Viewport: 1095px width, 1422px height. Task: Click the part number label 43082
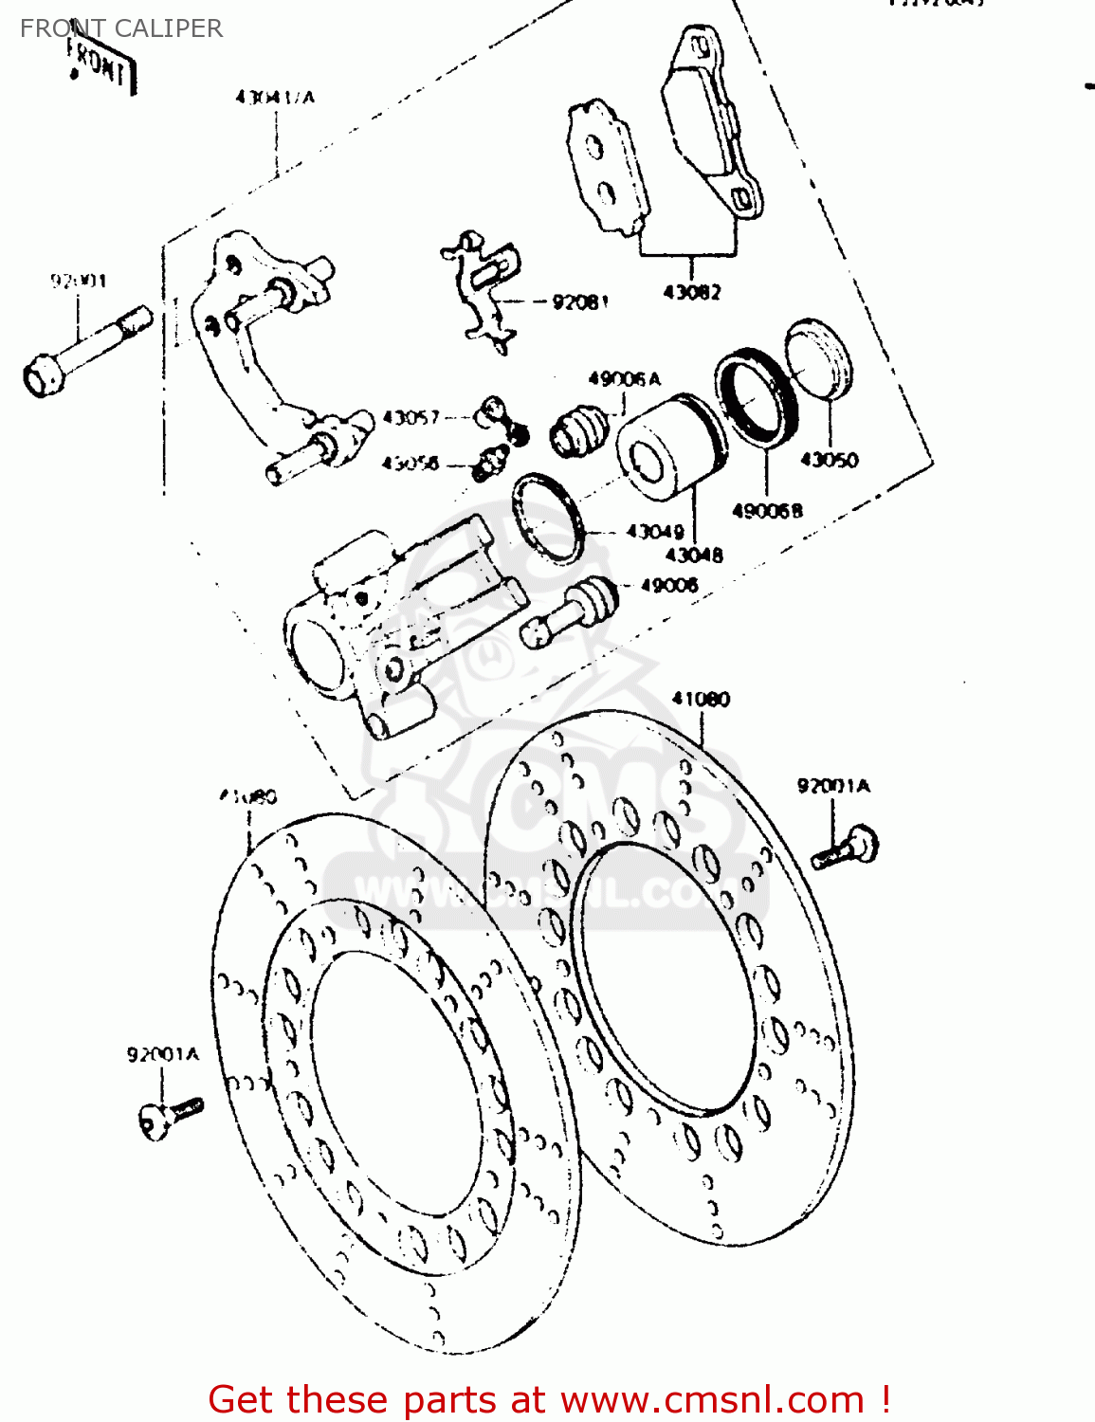[691, 292]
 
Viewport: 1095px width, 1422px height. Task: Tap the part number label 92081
[580, 302]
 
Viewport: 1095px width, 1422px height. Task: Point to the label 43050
[829, 460]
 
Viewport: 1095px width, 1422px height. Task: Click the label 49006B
[767, 511]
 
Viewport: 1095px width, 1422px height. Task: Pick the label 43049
[655, 532]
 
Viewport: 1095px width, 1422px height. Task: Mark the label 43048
[694, 556]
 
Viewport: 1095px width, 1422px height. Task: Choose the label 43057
[411, 417]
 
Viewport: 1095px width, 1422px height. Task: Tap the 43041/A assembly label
[275, 97]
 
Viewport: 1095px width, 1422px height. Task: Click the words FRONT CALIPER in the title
[121, 28]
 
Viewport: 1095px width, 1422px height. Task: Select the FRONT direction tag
[100, 64]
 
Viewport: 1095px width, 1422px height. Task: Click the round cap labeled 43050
[820, 357]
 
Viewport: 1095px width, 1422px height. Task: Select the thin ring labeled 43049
[546, 518]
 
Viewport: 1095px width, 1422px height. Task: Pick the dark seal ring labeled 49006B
[757, 396]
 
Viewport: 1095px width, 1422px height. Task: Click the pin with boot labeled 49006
[569, 611]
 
